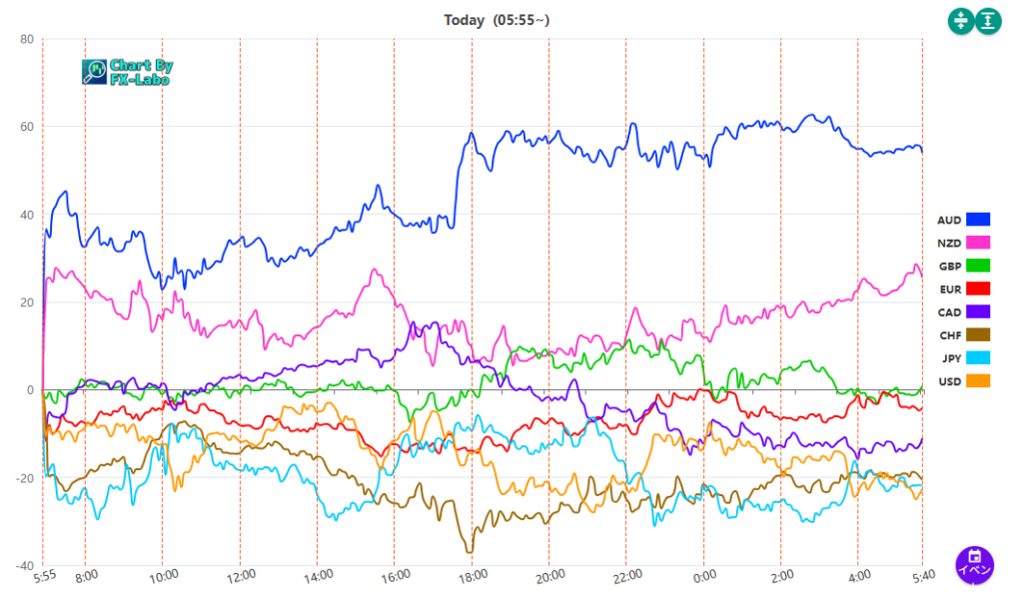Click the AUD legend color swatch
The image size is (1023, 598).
click(x=978, y=220)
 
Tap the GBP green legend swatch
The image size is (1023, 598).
click(x=978, y=266)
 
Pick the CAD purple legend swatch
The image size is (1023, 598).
click(x=978, y=311)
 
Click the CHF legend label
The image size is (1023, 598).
click(x=949, y=334)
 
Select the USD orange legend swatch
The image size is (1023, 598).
click(x=978, y=380)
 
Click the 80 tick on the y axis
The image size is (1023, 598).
click(x=26, y=40)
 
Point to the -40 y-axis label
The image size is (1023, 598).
click(x=24, y=566)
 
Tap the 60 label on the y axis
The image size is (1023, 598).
click(x=26, y=128)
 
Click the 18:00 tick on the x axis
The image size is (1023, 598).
click(x=473, y=575)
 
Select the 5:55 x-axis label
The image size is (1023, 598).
click(x=44, y=576)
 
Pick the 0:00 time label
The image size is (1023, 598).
click(x=704, y=575)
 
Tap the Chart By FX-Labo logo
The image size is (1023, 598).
click(x=127, y=71)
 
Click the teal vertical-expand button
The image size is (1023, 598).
click(x=989, y=20)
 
